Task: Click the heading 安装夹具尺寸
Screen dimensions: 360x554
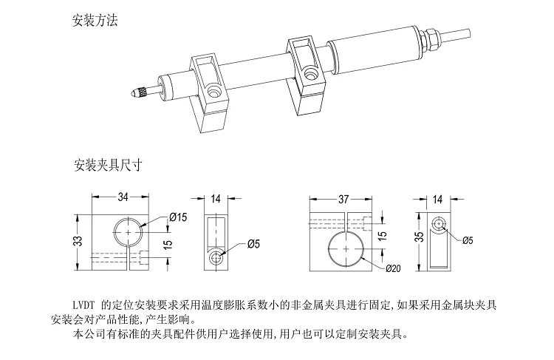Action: [107, 163]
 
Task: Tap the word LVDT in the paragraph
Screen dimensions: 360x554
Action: [83, 304]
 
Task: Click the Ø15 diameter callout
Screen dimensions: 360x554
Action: [179, 217]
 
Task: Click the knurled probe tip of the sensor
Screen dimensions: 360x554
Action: [139, 94]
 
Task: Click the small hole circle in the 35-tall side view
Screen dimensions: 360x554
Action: [439, 224]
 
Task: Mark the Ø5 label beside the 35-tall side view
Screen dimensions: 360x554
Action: [467, 240]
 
